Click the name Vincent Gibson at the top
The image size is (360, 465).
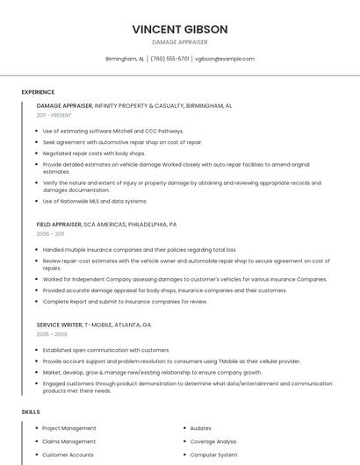[180, 29]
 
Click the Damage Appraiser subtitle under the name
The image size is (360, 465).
[180, 42]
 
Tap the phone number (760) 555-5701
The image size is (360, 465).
[169, 59]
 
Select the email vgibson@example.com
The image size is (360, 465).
[225, 59]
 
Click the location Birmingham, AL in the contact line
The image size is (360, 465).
[125, 59]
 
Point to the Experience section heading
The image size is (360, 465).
[38, 92]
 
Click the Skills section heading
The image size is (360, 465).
[31, 411]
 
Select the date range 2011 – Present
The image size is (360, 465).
[54, 116]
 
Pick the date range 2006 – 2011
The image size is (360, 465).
[50, 234]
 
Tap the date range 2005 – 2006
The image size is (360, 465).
[52, 334]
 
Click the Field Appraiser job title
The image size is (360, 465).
[59, 225]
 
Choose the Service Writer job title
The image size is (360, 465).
[60, 325]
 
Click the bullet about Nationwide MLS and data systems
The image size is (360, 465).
[95, 201]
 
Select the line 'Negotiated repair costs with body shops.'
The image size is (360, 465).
[94, 153]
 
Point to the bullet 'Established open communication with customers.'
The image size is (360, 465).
[106, 350]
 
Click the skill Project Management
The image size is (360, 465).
[69, 428]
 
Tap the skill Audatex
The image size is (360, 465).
[201, 428]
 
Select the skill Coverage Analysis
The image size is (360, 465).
[213, 441]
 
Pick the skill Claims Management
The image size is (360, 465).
[69, 441]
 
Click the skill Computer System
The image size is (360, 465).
[213, 454]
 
